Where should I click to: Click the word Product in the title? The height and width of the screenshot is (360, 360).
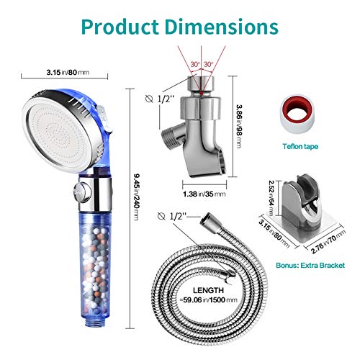coord(120,27)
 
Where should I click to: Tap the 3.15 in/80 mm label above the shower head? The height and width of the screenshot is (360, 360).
coord(68,72)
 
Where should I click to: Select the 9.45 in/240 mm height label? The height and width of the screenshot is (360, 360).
coord(136,197)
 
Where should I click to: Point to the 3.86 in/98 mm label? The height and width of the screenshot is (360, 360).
coord(239,126)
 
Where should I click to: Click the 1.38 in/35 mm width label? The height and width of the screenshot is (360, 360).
coord(204,194)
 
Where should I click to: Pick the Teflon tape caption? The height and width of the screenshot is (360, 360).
coord(300,146)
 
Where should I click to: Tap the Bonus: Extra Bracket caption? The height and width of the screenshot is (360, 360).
coord(310,265)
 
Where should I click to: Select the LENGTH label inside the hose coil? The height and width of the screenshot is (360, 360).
coord(208,290)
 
